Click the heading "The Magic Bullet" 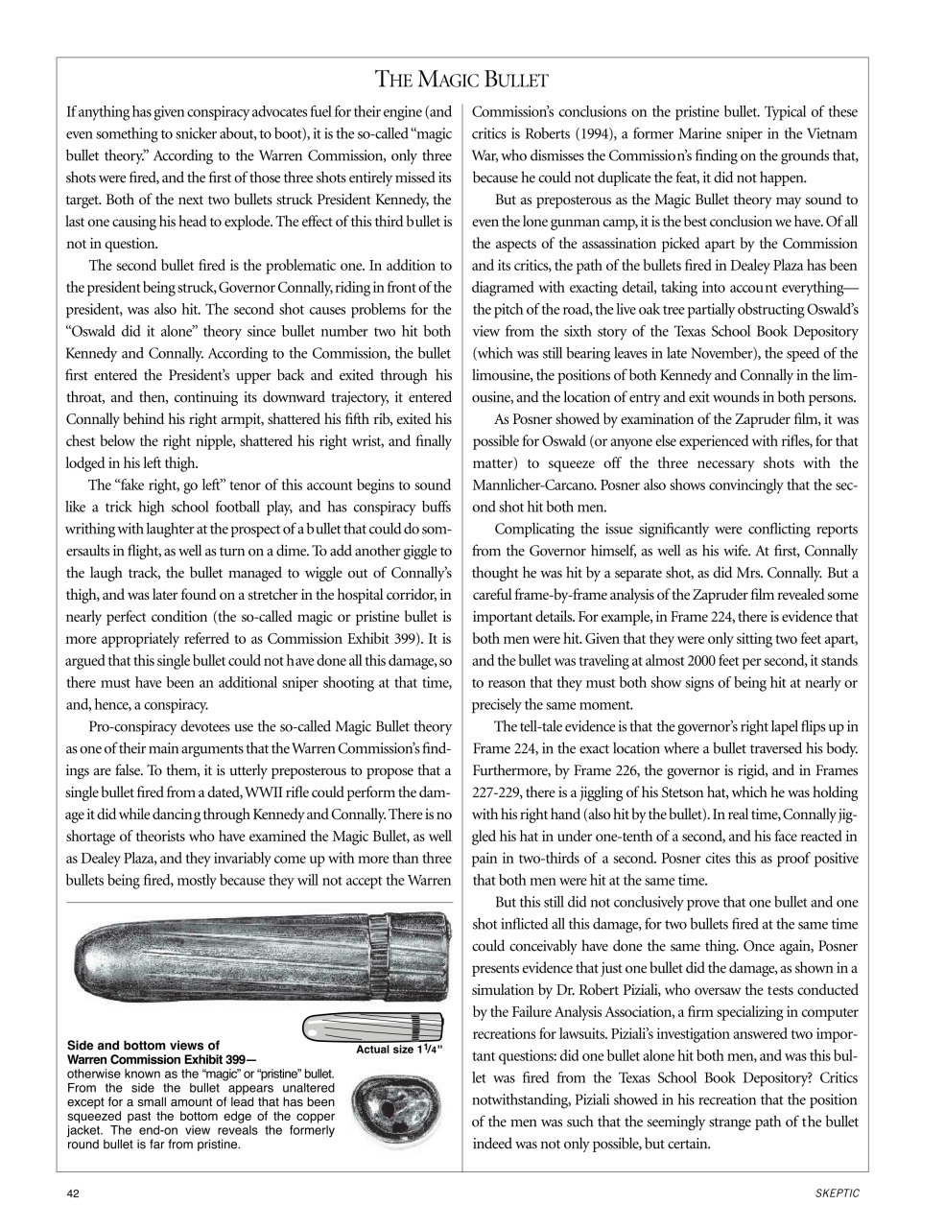point(461,79)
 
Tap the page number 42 point(74,1193)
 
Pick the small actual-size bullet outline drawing point(371,1028)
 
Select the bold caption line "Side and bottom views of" point(143,1046)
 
